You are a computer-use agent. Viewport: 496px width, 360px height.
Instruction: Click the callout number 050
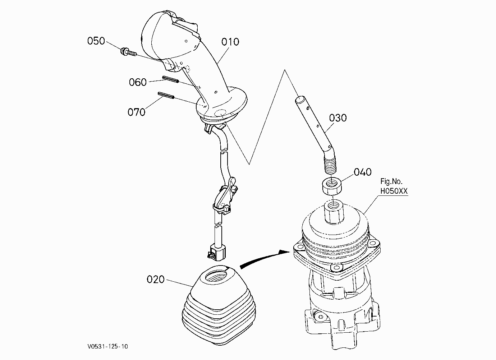pos(96,41)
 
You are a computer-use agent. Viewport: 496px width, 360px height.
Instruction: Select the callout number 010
pos(230,42)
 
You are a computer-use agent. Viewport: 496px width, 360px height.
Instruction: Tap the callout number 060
pos(138,82)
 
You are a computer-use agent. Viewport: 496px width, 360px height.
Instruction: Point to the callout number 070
pos(137,112)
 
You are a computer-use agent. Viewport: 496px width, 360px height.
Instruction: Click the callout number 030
pos(338,118)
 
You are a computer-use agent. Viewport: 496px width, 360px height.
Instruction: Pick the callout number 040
pos(363,172)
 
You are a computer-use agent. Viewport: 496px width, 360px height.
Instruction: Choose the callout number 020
pos(156,280)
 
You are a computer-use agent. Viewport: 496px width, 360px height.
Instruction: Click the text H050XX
pos(394,191)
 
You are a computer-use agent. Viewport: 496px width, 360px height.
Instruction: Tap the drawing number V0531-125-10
pos(107,346)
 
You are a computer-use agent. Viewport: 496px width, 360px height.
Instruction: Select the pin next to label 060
pos(170,79)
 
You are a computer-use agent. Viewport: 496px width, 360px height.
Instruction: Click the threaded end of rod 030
pos(330,165)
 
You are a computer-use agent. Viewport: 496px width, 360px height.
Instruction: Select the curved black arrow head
pos(284,253)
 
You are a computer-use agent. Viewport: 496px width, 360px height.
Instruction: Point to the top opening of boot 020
pos(217,277)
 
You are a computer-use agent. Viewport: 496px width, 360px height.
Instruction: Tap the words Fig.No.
pos(391,181)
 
